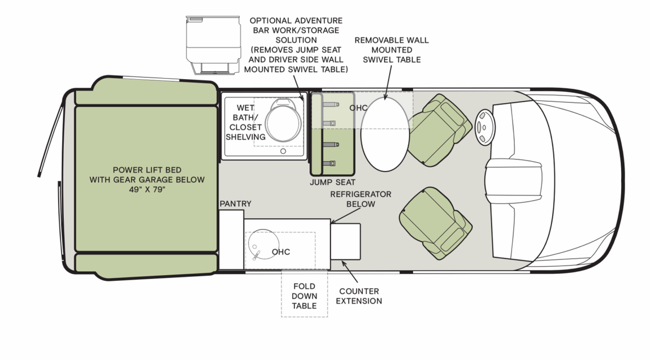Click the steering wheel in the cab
[x=484, y=127]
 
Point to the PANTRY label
[x=235, y=203]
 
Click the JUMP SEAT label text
[x=332, y=182]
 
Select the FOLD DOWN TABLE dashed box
[x=304, y=296]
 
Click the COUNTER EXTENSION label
[x=359, y=296]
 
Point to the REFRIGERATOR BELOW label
[x=361, y=199]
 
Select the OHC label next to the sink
[x=281, y=251]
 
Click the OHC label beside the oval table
[x=358, y=108]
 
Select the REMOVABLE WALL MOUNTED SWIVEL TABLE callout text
[x=391, y=50]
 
